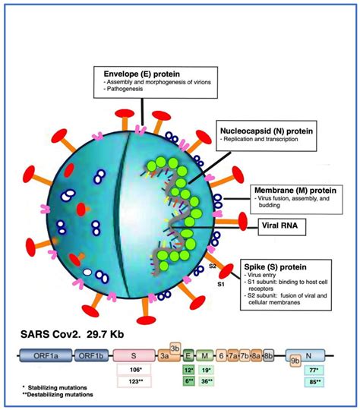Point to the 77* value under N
click(311, 370)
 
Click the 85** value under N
click(311, 382)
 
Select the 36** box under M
click(205, 382)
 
